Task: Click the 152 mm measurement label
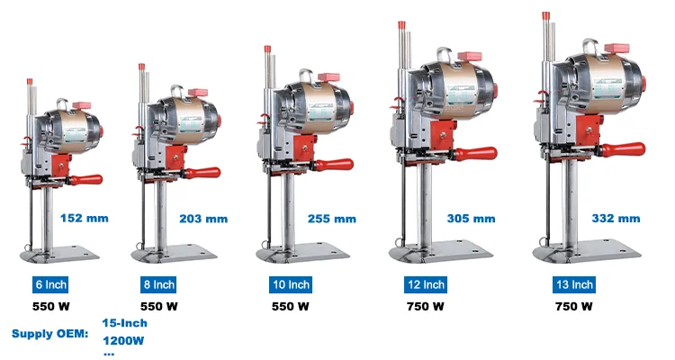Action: pyautogui.click(x=85, y=219)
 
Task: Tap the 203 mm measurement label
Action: pyautogui.click(x=203, y=219)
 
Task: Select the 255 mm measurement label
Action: pyautogui.click(x=332, y=219)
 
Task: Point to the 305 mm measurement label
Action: pyautogui.click(x=471, y=219)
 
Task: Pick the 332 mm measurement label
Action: pyautogui.click(x=616, y=219)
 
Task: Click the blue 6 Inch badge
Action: pyautogui.click(x=50, y=284)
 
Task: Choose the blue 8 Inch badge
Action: pyautogui.click(x=158, y=284)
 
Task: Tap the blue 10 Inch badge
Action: pyautogui.click(x=291, y=284)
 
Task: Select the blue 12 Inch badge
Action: pyautogui.click(x=426, y=284)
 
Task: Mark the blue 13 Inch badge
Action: pyautogui.click(x=574, y=284)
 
